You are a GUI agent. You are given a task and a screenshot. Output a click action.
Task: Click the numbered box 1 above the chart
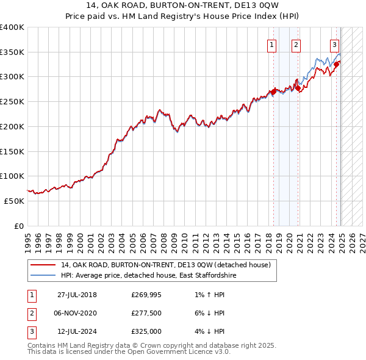point(271,44)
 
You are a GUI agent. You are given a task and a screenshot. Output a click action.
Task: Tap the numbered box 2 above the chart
point(296,44)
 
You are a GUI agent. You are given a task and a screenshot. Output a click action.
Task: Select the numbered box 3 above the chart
point(335,44)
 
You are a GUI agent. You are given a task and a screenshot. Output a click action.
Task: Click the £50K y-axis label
point(14,201)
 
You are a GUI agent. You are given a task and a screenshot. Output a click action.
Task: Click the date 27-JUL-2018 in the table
point(77,295)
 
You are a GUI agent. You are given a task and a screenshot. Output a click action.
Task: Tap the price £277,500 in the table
point(146,314)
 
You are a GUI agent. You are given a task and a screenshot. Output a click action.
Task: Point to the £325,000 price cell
point(146,332)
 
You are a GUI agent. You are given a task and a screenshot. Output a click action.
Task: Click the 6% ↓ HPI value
point(207,314)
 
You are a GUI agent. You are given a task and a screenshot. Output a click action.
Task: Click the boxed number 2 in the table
point(30,314)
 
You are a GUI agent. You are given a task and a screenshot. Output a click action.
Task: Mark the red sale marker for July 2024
point(337,64)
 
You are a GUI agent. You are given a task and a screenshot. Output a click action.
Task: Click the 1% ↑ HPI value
point(207,295)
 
